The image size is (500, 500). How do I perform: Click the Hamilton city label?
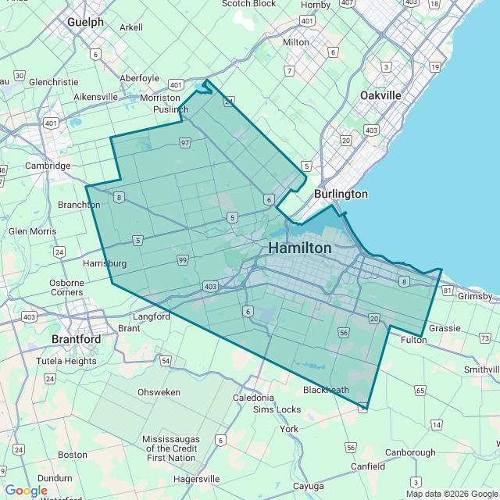point(299,248)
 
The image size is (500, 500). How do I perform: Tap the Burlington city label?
point(341,194)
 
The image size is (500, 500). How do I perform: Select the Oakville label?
point(380,95)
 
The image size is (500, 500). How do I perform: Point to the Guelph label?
point(85,23)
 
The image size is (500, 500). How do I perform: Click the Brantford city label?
point(76,340)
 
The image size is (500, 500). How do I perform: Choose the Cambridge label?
point(48,166)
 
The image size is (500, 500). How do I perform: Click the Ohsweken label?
point(159,392)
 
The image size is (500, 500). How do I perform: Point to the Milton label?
point(296,42)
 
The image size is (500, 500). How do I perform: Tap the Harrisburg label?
point(105,264)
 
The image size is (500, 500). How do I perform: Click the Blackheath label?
point(326,390)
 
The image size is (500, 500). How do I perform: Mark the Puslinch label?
point(164,110)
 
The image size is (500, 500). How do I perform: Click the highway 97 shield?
point(185,143)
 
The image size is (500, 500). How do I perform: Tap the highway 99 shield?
point(182,259)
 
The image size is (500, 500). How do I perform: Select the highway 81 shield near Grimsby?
point(447,291)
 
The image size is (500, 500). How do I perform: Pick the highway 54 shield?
point(166,360)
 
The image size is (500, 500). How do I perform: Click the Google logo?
point(26,491)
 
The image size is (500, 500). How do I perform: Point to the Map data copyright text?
point(452,494)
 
